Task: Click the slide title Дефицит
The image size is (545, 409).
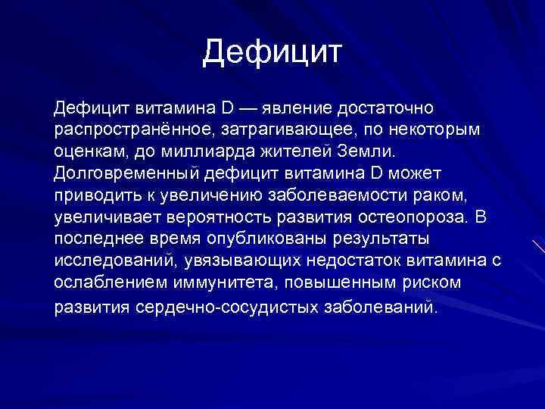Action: tap(273, 52)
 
